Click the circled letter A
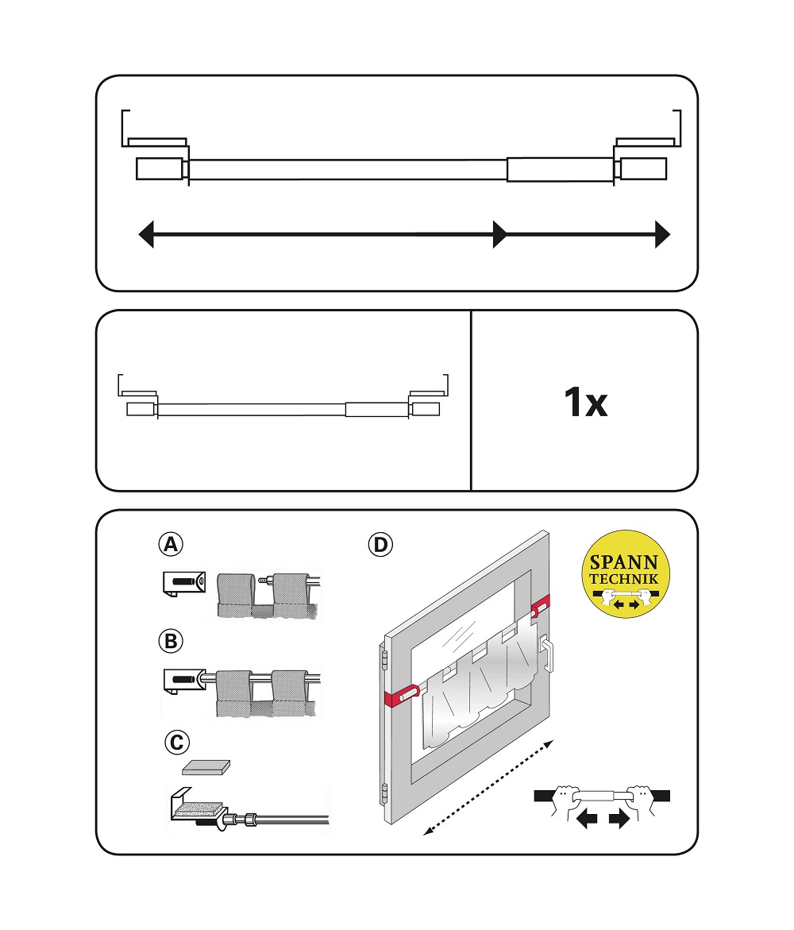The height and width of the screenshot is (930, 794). pos(171,544)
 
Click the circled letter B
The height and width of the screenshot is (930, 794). pos(171,641)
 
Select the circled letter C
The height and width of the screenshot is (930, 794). pos(177,742)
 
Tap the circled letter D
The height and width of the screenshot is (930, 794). pos(380,545)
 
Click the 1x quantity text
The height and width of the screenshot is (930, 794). pos(586,402)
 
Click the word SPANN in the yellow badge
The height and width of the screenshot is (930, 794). pos(624,561)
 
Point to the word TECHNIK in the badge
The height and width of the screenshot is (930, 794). pos(624,579)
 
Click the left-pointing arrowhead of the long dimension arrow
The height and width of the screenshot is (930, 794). pos(146,234)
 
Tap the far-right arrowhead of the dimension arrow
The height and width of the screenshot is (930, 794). pos(662,234)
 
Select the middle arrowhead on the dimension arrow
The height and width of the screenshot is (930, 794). pos(500,234)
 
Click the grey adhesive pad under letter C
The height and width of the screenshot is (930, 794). pos(206,767)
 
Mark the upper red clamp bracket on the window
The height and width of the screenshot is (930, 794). pos(540,606)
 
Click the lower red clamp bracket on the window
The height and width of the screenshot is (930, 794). pos(402,695)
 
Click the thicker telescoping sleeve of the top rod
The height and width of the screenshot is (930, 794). pos(560,170)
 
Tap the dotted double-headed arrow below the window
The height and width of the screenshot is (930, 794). pos(488,788)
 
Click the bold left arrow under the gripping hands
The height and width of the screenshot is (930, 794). pos(587,820)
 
